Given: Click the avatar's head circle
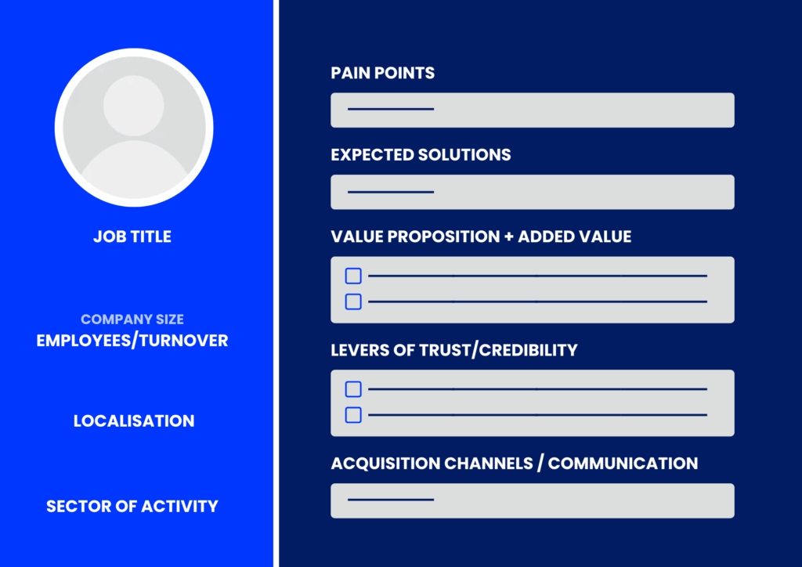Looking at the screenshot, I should (134, 105).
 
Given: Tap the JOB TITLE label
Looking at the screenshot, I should (132, 236).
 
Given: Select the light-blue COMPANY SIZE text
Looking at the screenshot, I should (132, 320).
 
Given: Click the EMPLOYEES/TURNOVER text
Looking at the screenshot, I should (132, 341).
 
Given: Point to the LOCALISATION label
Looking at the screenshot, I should (134, 421).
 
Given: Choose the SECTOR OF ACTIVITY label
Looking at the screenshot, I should (132, 506).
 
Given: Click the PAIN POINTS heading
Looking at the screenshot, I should (382, 73).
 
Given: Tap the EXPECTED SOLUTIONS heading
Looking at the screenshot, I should (421, 154).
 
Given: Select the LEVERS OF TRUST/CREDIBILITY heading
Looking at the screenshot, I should (453, 349).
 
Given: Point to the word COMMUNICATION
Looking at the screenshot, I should (623, 463).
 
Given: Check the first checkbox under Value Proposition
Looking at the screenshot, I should (353, 276).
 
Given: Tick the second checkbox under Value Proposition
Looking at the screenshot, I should (353, 302).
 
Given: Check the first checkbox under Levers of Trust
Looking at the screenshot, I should (353, 389).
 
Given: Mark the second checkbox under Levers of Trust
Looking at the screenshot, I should (353, 415).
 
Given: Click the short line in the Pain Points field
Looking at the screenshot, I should (390, 109).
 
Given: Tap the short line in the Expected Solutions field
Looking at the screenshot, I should (390, 192).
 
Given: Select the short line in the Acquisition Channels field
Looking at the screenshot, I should (390, 500).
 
